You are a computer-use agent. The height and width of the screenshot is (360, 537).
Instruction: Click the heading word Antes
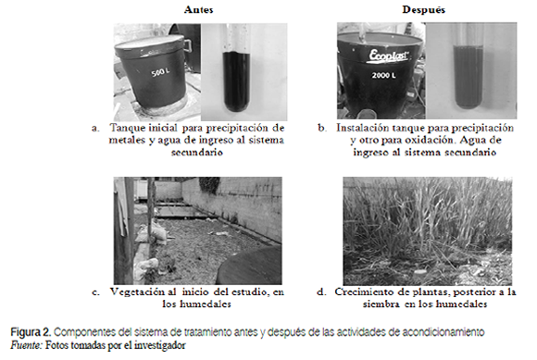pos(199,9)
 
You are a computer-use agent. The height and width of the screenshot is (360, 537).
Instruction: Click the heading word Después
pos(424,9)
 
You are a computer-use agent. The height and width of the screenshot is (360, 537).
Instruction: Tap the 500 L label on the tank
pos(160,72)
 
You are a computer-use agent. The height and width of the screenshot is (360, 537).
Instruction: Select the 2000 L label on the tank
pos(383,75)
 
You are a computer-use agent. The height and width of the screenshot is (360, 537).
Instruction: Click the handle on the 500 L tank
pos(187,44)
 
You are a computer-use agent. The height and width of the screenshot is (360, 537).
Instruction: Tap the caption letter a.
pos(95,129)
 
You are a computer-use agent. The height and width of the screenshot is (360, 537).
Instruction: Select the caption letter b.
pos(322,128)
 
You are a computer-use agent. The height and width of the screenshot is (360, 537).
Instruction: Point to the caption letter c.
pos(95,292)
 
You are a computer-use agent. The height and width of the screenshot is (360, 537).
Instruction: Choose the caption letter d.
pos(321,292)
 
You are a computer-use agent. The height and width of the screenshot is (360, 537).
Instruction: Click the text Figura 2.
pos(31,332)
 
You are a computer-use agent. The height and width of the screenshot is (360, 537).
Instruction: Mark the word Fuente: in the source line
pos(26,345)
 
